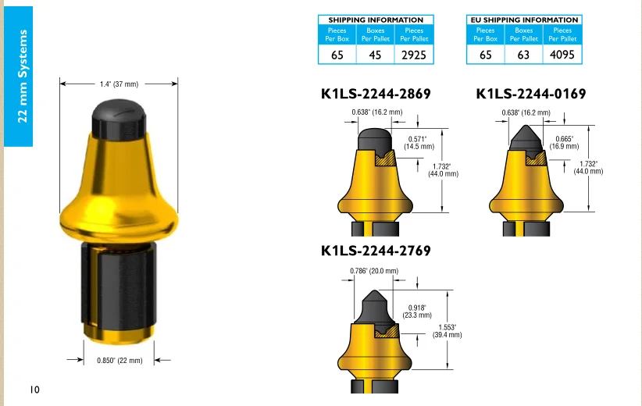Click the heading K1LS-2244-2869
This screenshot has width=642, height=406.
pyautogui.click(x=376, y=94)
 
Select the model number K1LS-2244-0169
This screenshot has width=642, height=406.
pyautogui.click(x=530, y=94)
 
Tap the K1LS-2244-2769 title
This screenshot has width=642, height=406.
pyautogui.click(x=376, y=251)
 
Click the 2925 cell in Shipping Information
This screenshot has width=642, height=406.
pyautogui.click(x=415, y=55)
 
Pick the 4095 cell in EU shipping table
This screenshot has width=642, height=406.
pyautogui.click(x=562, y=55)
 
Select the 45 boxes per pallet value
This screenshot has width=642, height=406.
pyautogui.click(x=376, y=55)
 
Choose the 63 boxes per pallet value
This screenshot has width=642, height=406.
pyautogui.click(x=523, y=55)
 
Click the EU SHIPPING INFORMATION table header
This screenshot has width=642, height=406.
pyautogui.click(x=524, y=20)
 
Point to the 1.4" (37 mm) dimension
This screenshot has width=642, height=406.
pyautogui.click(x=119, y=84)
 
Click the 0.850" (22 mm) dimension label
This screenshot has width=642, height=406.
pyautogui.click(x=119, y=360)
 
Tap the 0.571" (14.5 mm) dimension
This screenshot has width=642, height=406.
pyautogui.click(x=419, y=143)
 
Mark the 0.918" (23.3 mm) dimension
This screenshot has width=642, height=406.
pyautogui.click(x=417, y=311)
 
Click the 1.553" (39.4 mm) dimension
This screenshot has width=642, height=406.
pyautogui.click(x=447, y=330)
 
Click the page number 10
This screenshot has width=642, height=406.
pyautogui.click(x=34, y=390)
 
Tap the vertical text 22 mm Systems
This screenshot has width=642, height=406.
pyautogui.click(x=23, y=76)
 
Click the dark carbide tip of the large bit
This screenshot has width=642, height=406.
pyautogui.click(x=119, y=119)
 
